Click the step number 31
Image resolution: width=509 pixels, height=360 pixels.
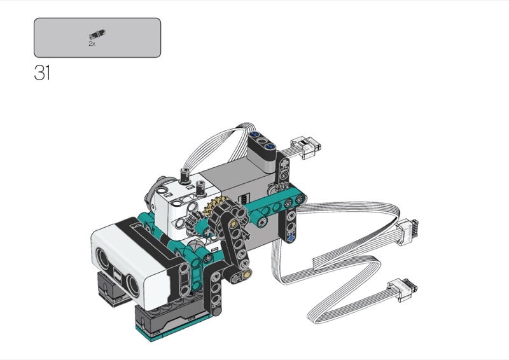pos(42,73)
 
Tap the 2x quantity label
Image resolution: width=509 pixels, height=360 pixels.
pos(92,44)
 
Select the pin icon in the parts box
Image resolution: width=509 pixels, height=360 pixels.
pos(97,34)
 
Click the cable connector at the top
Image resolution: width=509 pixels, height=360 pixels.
pos(305,147)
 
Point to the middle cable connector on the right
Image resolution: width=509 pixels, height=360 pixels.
pos(406,231)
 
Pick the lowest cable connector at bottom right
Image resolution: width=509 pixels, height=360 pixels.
pos(402,289)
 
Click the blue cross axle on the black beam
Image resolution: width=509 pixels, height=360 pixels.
pos(291,238)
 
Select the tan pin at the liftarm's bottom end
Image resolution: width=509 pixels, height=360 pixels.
pos(248,274)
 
